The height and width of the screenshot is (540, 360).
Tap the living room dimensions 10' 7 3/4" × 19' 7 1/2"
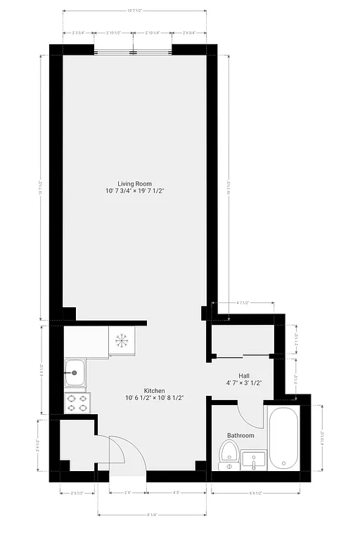tap(134, 191)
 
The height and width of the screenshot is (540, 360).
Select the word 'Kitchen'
tap(155, 390)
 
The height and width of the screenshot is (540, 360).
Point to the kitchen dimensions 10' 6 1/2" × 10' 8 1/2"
tap(155, 398)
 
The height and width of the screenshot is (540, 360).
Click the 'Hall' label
tap(244, 375)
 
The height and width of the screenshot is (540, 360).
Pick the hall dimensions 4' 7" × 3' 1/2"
tap(244, 383)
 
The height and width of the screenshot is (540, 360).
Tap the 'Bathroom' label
tap(240, 435)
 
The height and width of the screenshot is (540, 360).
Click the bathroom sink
tap(252, 461)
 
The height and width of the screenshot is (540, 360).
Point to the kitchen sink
tap(75, 373)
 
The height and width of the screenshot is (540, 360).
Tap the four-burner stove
tap(77, 403)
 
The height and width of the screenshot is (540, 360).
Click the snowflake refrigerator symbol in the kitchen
tap(122, 340)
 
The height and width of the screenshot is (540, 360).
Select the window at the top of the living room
tap(134, 51)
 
